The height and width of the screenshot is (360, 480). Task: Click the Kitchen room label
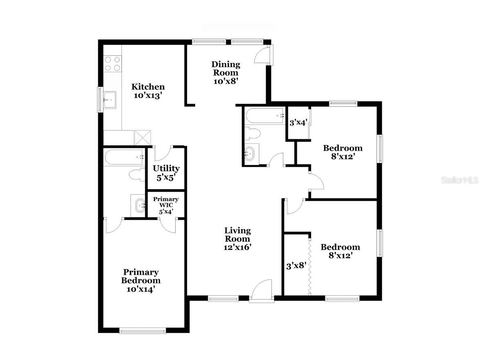[x=148, y=91]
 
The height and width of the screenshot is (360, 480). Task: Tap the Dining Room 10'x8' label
[x=225, y=72]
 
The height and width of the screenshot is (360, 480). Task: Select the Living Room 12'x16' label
[x=237, y=239]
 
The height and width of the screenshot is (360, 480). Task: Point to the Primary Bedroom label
[x=141, y=281]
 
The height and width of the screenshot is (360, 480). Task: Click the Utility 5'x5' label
[x=166, y=172]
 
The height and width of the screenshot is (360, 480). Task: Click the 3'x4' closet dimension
[x=298, y=122]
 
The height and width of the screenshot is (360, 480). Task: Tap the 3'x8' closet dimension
[x=296, y=265]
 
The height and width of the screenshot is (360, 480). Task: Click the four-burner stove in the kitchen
[x=112, y=64]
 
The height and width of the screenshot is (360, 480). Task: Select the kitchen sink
[x=110, y=100]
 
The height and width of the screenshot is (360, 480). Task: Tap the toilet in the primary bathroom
[x=136, y=175]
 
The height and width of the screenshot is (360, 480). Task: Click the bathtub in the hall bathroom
[x=264, y=115]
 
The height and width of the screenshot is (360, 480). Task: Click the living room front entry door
[x=262, y=291]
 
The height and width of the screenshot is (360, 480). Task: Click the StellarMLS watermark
[x=460, y=180]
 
